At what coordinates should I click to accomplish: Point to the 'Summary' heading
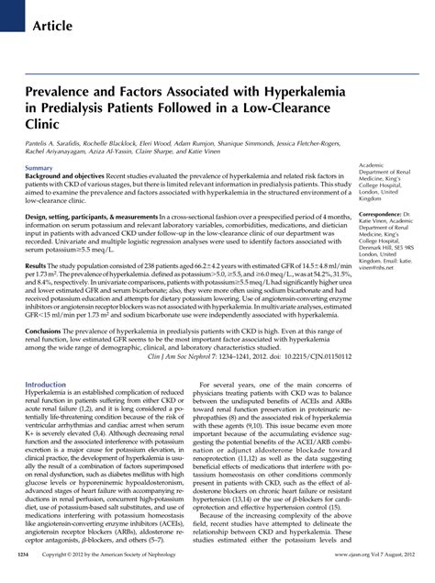39,170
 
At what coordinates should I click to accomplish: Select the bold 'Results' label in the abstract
37,263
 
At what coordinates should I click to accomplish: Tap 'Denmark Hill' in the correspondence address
377,248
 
